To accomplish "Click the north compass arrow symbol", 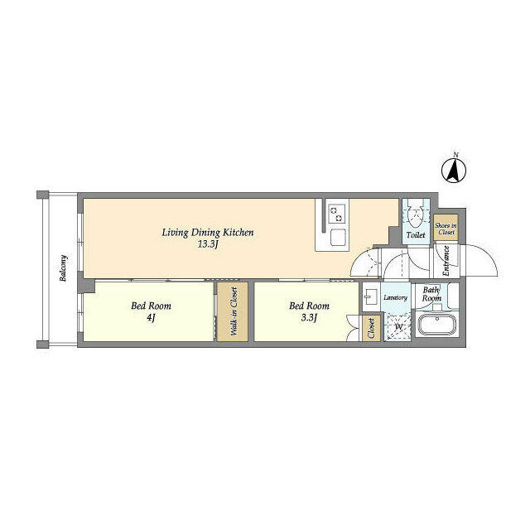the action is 454,170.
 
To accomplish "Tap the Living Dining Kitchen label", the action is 208,233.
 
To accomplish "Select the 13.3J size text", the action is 207,244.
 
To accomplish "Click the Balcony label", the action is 63,268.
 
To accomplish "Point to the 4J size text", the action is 151,318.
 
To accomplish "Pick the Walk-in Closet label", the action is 234,311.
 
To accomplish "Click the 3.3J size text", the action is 309,318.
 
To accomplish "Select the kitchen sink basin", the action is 338,238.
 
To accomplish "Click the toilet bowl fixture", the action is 416,215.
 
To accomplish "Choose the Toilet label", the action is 416,234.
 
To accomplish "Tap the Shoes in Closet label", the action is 446,229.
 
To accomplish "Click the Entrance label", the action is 446,261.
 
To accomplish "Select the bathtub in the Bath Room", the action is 437,325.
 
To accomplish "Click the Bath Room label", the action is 431,294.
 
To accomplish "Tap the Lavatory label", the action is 395,298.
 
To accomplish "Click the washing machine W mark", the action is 398,327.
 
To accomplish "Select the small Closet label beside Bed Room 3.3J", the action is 371,328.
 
